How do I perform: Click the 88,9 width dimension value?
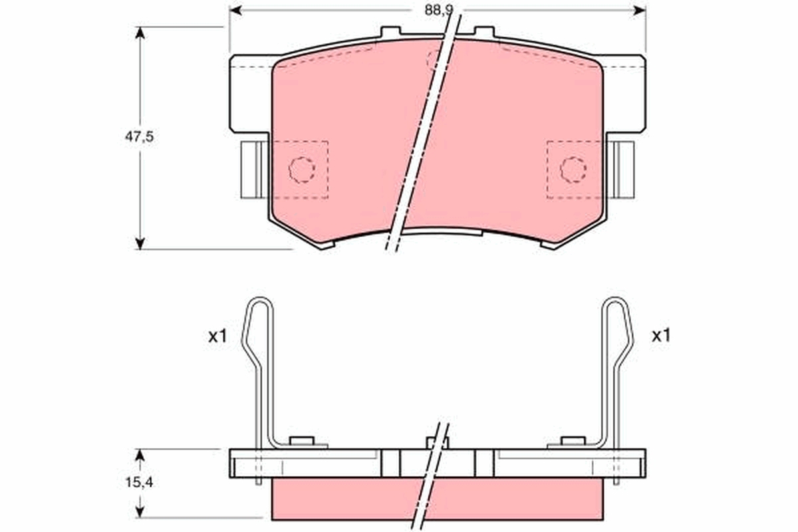[x=438, y=11]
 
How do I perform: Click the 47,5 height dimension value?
[x=139, y=136]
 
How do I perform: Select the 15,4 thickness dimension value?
[x=139, y=483]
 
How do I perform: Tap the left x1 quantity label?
[x=217, y=336]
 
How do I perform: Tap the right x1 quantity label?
[x=661, y=336]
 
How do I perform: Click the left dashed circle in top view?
[x=302, y=170]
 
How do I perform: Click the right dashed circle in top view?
[x=573, y=170]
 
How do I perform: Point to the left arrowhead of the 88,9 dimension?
[x=236, y=11]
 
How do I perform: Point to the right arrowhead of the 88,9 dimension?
[x=640, y=11]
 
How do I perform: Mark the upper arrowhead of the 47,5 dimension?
[x=140, y=33]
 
